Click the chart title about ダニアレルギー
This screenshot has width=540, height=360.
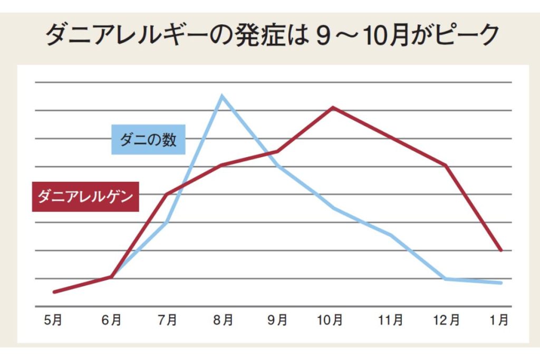pos(272,35)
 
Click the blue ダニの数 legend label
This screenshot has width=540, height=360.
pos(148,139)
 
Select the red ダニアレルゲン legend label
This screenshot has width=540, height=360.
pos(85,197)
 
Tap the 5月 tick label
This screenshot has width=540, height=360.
pos(53,320)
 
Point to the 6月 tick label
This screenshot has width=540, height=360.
pos(111,320)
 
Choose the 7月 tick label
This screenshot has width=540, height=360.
pos(167,320)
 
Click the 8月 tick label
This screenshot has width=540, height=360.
pos(223,320)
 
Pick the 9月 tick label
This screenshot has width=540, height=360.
pos(277,320)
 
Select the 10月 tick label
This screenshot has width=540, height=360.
pos(330,320)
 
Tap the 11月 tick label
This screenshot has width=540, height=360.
pos(391,320)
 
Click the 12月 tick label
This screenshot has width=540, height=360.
pos(446,320)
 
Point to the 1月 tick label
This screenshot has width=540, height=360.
pos(499,320)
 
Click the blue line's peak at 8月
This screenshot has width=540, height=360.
pos(223,96)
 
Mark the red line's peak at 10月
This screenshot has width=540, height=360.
pos(333,108)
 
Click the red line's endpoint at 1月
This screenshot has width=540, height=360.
pos(501,250)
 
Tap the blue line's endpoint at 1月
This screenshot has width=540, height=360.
pos(501,283)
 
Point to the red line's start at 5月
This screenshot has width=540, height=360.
pos(54,292)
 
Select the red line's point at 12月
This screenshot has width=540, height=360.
pos(446,166)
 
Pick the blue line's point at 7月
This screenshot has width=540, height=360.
pos(167,222)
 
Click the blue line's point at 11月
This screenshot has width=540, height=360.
pos(391,235)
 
